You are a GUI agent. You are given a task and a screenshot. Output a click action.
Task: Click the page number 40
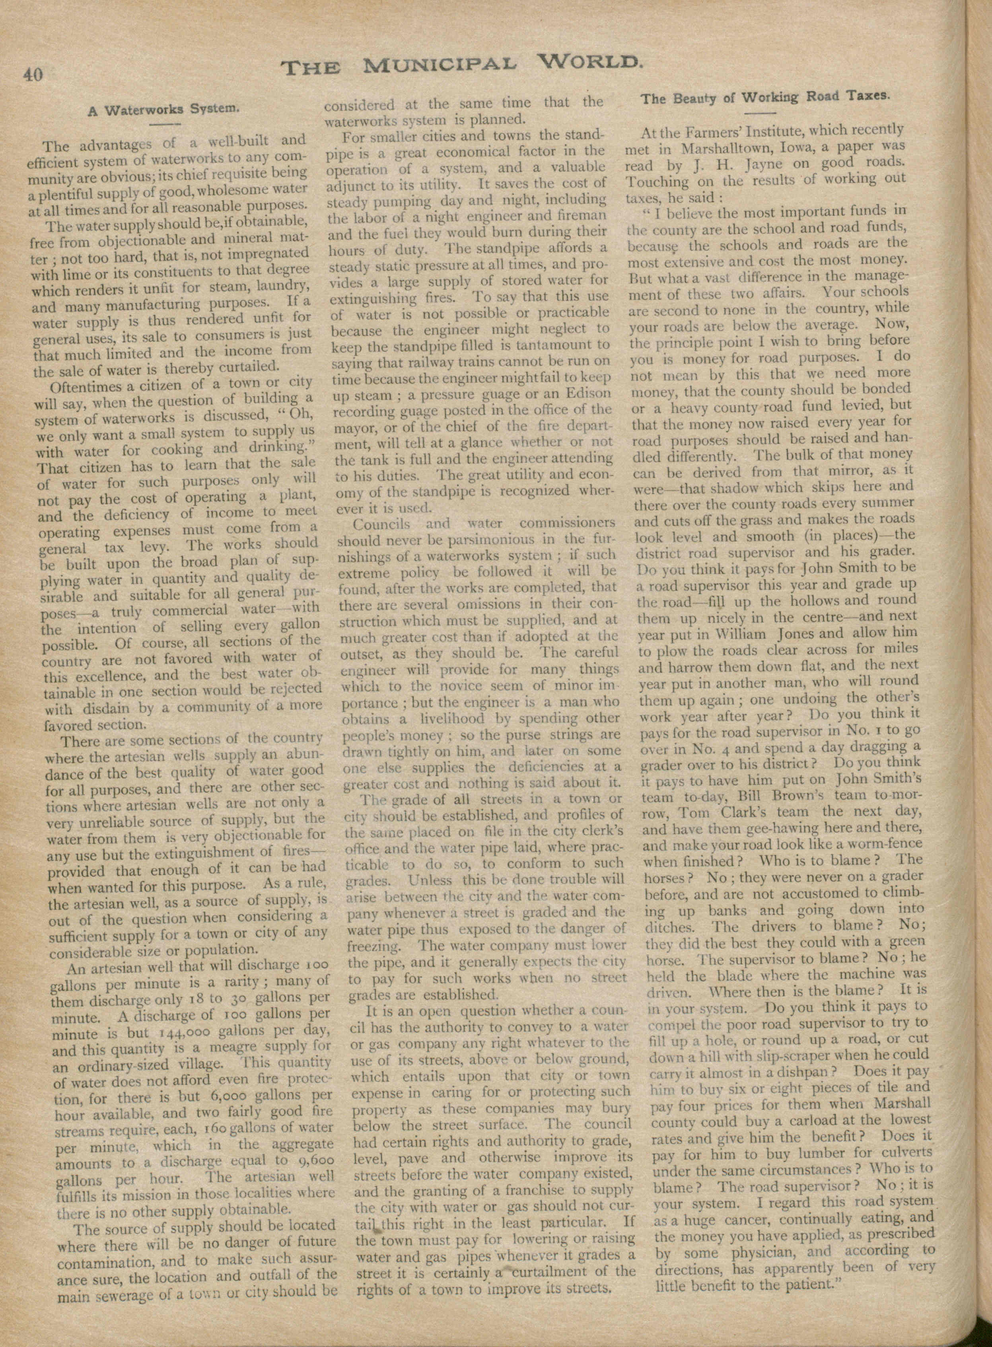click(33, 74)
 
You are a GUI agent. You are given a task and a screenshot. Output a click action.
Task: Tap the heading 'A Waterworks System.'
click(164, 109)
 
